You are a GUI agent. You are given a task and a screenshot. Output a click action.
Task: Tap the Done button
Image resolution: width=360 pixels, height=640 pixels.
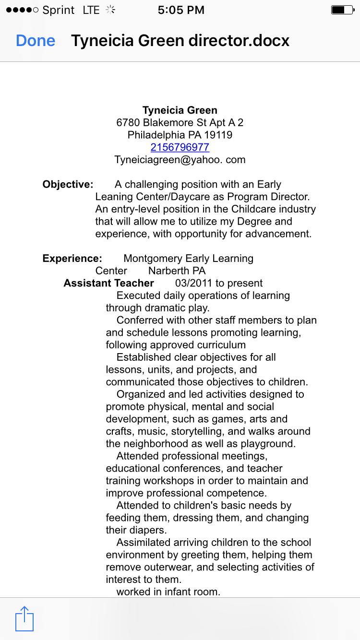click(x=36, y=41)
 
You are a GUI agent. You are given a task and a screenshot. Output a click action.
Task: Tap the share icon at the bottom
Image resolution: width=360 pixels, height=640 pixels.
click(x=24, y=619)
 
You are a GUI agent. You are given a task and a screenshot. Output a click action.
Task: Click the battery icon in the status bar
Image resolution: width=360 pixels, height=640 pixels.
click(x=342, y=10)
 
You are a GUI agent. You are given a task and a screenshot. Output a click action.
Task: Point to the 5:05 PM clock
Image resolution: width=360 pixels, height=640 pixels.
click(x=181, y=10)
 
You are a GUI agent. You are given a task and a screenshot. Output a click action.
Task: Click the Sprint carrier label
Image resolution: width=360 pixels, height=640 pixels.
click(x=59, y=10)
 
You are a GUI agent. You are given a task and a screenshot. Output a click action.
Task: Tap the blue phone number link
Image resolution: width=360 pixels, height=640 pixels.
click(x=180, y=147)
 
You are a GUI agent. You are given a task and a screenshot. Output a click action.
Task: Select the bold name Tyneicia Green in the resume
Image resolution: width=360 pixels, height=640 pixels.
click(x=180, y=111)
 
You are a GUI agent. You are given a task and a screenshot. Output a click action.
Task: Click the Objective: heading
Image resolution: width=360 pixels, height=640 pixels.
click(x=68, y=185)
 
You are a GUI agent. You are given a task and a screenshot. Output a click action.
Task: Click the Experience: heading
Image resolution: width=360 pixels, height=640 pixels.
click(x=72, y=259)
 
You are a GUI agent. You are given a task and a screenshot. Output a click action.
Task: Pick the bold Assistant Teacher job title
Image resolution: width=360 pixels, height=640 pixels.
click(x=108, y=284)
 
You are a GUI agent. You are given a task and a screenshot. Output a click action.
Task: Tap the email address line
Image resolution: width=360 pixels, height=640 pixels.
click(x=180, y=160)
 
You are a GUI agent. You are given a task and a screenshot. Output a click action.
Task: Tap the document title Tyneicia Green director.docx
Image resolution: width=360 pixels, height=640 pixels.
click(x=180, y=41)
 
